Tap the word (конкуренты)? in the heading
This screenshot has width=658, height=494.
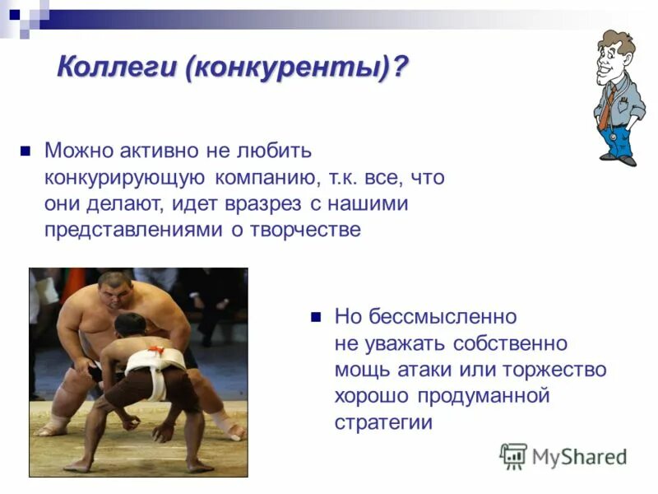coord(296,67)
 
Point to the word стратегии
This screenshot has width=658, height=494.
coord(383,422)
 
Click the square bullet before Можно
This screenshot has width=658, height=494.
coord(25,151)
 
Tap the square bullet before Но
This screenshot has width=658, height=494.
coord(314,316)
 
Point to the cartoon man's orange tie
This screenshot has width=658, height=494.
coord(607,107)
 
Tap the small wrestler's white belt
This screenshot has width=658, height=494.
coord(156,361)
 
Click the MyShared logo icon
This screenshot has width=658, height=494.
coord(513,455)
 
